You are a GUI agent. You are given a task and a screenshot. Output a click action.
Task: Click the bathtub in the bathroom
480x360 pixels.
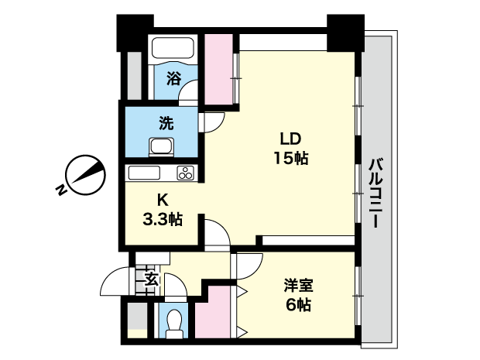[173, 47]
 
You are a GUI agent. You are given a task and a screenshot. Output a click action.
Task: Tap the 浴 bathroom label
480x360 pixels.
[174, 78]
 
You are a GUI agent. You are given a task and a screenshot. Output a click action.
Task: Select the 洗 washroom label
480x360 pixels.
[166, 123]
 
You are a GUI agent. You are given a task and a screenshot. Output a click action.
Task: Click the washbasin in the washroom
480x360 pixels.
[161, 147]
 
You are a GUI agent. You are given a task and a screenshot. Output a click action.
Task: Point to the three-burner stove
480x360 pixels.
[186, 173]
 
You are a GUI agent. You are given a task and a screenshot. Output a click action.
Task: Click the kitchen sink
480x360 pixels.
[144, 173]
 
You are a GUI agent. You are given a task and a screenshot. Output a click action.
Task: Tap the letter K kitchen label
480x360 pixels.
[163, 201]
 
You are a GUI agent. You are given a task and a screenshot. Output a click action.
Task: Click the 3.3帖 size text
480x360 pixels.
[163, 220]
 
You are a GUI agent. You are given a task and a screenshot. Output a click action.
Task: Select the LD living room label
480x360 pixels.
[291, 139]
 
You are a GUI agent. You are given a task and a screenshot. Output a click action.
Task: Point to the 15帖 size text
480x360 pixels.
[291, 158]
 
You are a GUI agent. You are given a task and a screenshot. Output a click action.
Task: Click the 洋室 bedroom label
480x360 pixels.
[299, 286]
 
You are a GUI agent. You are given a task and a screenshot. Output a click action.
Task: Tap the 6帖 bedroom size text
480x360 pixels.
[299, 305]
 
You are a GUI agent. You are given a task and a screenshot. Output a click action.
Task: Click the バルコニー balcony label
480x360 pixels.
[376, 194]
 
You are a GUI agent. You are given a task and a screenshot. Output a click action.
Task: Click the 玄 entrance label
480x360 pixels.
[153, 279]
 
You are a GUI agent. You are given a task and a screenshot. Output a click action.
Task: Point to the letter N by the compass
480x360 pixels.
[61, 190]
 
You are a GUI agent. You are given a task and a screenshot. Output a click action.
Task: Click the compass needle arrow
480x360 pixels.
[87, 173]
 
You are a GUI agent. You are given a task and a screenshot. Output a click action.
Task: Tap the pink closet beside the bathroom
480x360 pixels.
[218, 69]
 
